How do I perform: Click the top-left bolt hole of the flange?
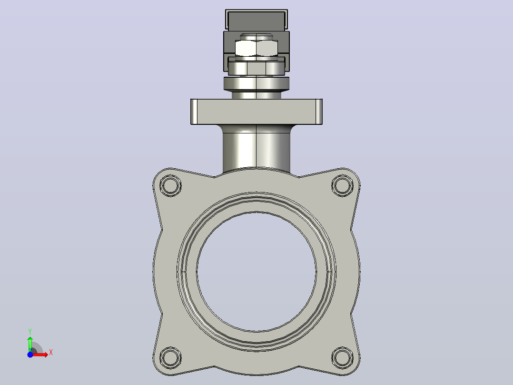point(170,185)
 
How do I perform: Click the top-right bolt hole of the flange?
point(342,185)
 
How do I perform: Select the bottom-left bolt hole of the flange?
point(170,357)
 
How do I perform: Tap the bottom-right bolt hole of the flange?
point(342,357)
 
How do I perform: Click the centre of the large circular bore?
point(256,272)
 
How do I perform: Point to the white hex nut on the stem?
point(256,48)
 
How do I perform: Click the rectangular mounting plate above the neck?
point(256,111)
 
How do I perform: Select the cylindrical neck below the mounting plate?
point(256,149)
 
